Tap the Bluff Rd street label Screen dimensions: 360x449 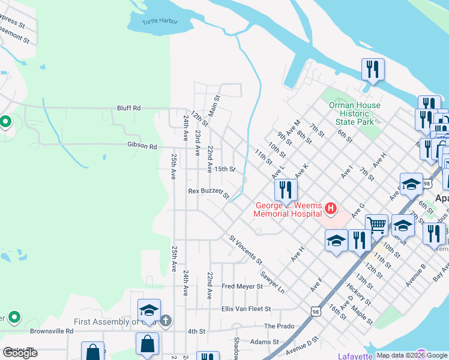(128, 108)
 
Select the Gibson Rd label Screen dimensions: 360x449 (142, 146)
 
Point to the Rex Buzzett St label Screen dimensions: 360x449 (209, 193)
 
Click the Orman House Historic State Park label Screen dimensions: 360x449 (355, 113)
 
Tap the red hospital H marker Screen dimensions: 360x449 (330, 209)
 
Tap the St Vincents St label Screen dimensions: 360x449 (246, 250)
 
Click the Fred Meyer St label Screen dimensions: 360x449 (242, 287)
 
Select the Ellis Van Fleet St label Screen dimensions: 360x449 (246, 310)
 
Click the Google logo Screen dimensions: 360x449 (20, 352)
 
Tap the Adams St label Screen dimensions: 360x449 (265, 342)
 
